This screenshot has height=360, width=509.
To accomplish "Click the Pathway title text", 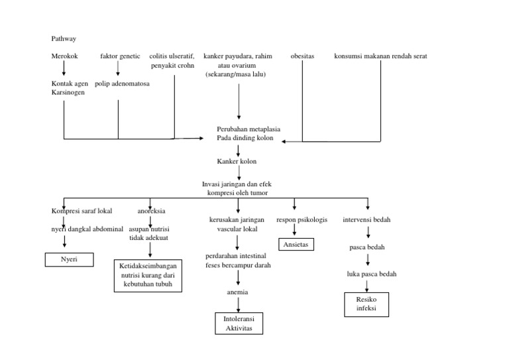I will (x=64, y=39).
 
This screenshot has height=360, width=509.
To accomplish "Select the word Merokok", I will (x=64, y=56).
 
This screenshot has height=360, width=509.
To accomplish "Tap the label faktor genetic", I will (x=120, y=56).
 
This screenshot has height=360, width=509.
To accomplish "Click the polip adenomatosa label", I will (x=122, y=84).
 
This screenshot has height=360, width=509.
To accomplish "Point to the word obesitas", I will (x=302, y=56).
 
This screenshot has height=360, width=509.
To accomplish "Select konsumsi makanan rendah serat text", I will (x=380, y=56).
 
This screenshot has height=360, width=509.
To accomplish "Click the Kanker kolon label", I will (x=237, y=161).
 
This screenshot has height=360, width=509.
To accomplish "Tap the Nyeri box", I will (x=68, y=259).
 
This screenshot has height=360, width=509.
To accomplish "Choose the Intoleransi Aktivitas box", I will (x=239, y=324).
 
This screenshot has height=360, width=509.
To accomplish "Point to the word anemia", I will (x=237, y=292).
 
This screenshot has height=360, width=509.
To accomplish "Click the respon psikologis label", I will (x=302, y=219).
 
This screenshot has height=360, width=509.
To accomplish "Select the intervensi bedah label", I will (x=367, y=219).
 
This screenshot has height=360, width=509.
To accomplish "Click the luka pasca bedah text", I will (x=371, y=274).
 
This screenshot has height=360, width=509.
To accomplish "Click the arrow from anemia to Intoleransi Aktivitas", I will (x=238, y=304).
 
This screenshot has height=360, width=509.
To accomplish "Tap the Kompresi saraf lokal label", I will (x=82, y=211).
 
